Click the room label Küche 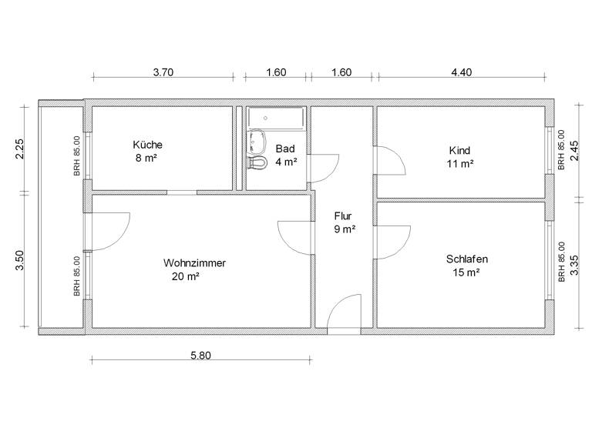(147, 144)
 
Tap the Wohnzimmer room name (194, 262)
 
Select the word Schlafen (466, 259)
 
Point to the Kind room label (459, 150)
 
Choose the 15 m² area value (466, 272)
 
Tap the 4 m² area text (286, 162)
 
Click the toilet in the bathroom (257, 162)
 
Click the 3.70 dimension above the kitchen (163, 72)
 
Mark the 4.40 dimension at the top (461, 72)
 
